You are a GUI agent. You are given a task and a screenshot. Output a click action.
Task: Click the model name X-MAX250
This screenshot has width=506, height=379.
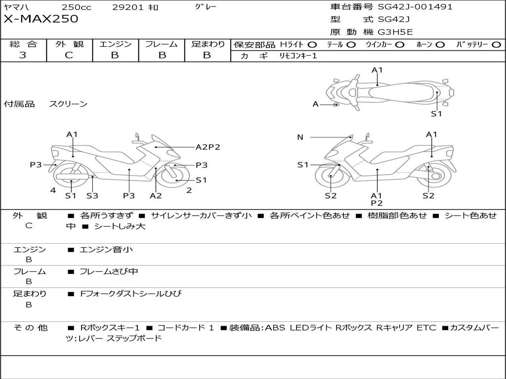coord(41,19)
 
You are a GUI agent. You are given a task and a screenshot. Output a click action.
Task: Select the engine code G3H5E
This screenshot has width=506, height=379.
coord(395,33)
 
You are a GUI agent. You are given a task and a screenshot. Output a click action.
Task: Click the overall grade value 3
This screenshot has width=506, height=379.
coord(23,55)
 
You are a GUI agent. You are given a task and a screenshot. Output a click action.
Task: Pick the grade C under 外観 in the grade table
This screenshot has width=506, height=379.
coord(69,55)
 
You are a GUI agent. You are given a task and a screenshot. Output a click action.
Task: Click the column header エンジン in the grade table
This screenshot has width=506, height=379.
coord(115,44)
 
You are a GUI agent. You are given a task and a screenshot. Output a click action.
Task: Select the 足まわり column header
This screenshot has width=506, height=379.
coord(208,44)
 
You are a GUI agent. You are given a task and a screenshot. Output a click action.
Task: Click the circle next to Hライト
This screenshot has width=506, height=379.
coord(312,45)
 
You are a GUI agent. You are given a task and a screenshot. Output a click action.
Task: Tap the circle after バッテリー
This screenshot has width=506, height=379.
coord(496,45)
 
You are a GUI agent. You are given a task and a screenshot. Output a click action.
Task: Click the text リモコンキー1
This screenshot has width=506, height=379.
coord(298,56)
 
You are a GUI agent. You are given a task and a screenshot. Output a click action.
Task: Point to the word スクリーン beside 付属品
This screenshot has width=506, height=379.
coord(68,104)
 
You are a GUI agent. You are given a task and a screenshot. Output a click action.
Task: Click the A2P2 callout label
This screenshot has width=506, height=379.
coord(208,147)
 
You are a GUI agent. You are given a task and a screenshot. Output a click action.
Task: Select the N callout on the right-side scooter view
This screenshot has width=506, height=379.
coord(300,137)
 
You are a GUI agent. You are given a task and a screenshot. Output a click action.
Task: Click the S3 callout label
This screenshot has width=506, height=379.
coord(92,195)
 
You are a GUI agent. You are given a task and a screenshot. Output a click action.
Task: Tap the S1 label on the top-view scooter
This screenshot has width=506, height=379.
coord(436,114)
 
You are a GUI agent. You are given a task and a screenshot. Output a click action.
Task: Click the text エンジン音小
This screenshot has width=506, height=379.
coord(106,250)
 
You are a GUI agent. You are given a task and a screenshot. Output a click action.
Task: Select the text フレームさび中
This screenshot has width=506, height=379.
coord(109,271)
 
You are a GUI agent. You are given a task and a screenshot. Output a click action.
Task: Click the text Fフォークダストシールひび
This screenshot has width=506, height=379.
coord(131,294)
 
